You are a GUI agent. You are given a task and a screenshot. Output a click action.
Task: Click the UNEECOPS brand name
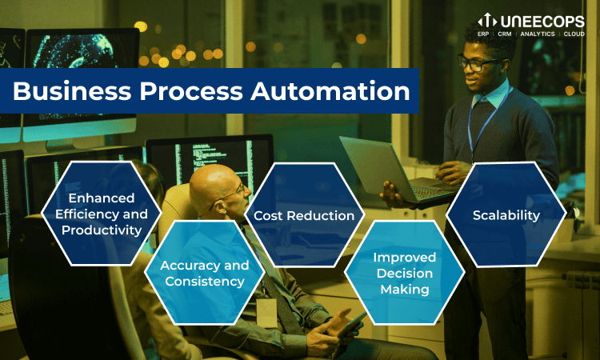542,22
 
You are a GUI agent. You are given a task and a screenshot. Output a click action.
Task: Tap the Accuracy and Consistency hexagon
204,273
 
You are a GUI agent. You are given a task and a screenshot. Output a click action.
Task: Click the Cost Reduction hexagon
304,215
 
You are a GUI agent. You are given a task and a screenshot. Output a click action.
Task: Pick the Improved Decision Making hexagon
405,273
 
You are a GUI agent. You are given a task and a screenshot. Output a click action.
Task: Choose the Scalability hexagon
506,215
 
